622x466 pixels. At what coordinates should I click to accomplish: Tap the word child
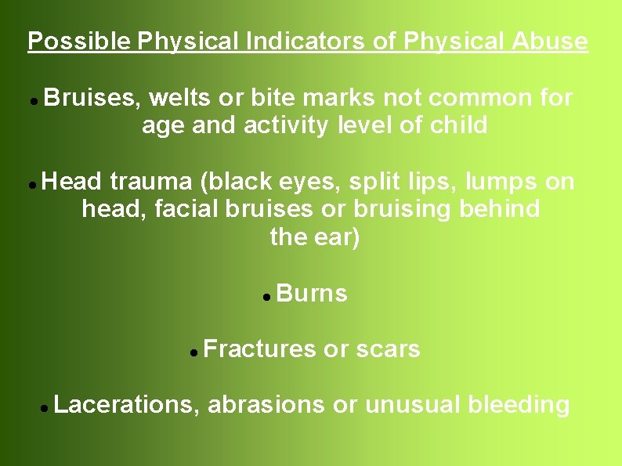457,125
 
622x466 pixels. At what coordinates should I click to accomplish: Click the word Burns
312,294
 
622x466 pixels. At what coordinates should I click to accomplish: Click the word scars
388,349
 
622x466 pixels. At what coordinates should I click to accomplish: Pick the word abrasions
266,405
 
